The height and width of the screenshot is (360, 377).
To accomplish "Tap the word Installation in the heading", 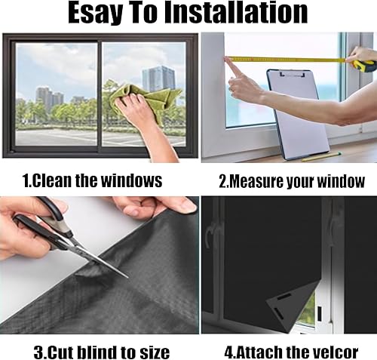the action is point(236,13).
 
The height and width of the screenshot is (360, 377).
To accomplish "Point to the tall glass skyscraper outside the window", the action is point(158,78).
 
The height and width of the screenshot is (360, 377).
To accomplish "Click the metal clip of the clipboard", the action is point(293,74).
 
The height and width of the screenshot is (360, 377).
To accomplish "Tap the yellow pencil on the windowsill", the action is point(321,157).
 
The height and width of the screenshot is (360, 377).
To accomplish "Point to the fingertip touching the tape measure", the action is point(228,59).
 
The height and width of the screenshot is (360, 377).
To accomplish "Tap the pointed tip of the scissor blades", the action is point(127,277).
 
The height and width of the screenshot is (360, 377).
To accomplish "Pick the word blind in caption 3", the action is point(95,352).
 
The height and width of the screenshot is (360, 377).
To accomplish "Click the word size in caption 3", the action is point(155,352).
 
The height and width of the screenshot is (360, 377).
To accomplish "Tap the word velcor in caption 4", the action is point(333,352).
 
